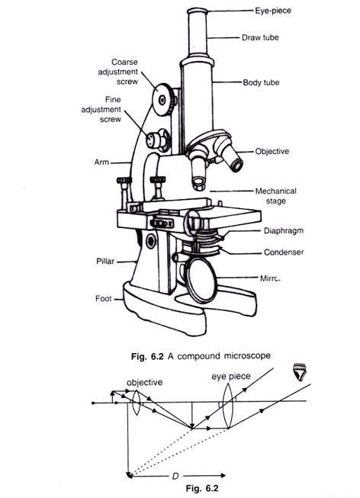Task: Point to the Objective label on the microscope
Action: [272, 152]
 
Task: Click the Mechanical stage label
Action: [276, 197]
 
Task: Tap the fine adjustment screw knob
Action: [158, 140]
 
